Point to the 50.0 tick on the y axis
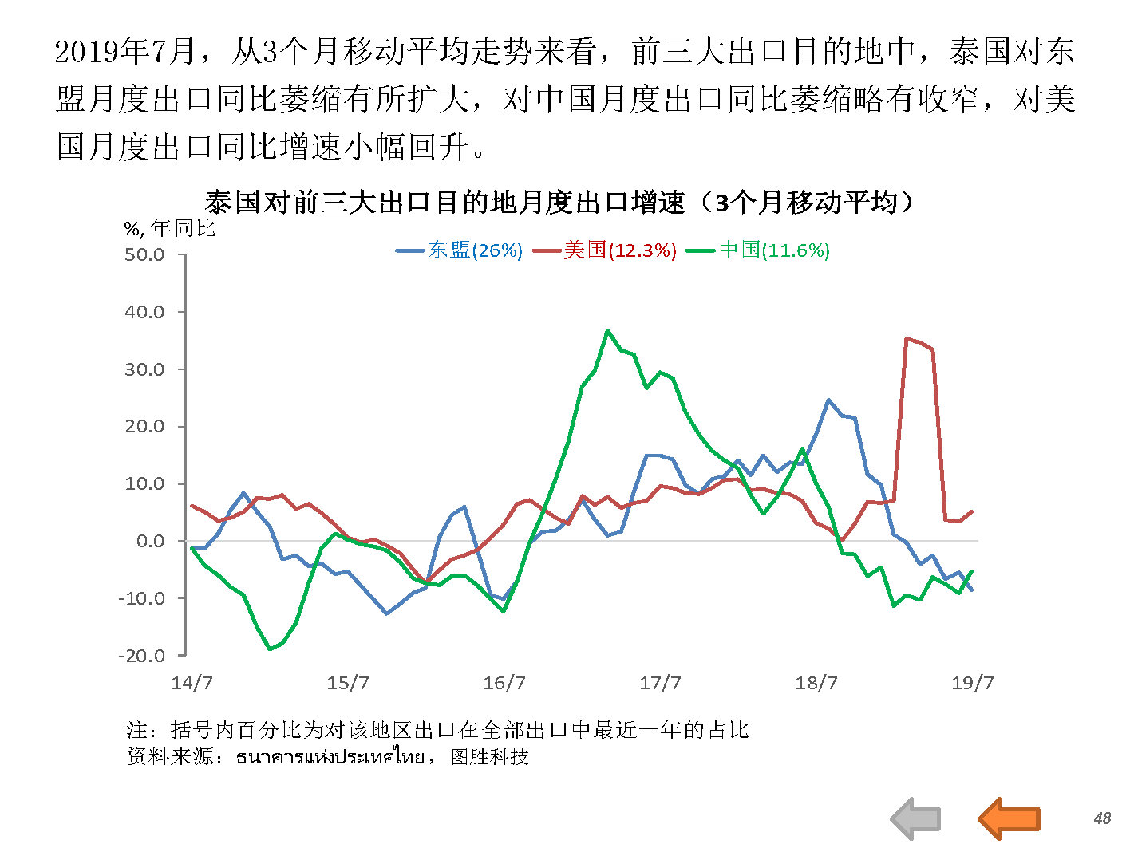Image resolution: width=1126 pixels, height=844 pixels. [x=144, y=255]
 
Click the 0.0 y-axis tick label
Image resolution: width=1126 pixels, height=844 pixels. [x=150, y=541]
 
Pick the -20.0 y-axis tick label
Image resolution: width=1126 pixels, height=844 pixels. [x=141, y=656]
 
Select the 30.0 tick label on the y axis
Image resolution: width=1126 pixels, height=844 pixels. [x=144, y=369]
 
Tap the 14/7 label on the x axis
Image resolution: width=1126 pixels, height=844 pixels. [x=192, y=683]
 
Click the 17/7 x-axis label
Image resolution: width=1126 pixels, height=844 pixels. [x=660, y=683]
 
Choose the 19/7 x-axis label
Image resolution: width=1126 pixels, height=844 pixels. [x=972, y=683]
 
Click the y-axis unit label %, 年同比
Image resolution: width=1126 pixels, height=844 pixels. [x=170, y=229]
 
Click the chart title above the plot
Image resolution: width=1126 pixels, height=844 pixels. [x=559, y=202]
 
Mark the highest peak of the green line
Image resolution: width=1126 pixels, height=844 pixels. [x=607, y=330]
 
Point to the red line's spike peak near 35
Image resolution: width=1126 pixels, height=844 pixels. [x=907, y=339]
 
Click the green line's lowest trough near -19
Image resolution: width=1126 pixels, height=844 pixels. [x=270, y=649]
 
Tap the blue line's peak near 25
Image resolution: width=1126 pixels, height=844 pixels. [x=828, y=400]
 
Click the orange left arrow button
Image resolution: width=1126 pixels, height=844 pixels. [x=1009, y=818]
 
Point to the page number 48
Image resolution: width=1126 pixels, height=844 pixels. [x=1102, y=818]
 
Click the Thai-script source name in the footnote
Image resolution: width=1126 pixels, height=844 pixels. [x=330, y=756]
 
